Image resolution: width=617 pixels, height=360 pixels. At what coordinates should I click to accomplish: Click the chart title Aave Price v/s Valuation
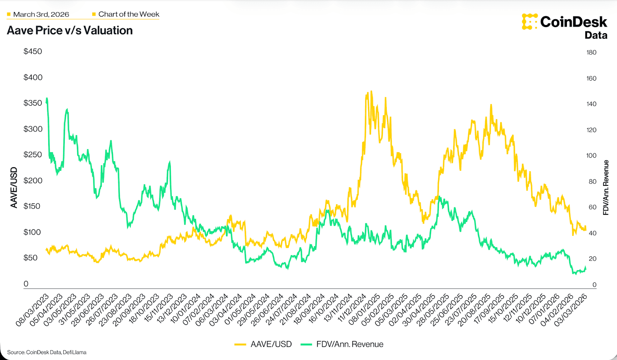[70, 30]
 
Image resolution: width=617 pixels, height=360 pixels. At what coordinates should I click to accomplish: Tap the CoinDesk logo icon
[529, 22]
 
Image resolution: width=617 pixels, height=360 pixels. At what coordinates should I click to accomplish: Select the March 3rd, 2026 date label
[41, 14]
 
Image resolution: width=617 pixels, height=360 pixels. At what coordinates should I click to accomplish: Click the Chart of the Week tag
[128, 14]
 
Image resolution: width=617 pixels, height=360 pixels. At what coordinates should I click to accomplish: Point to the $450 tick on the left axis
[33, 51]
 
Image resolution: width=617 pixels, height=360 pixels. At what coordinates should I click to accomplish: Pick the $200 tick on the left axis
[33, 180]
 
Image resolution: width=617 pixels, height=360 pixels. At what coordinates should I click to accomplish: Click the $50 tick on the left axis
[30, 257]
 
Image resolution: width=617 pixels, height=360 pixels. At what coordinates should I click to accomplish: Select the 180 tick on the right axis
[591, 52]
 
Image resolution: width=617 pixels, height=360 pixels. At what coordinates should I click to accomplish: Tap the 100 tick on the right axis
[591, 156]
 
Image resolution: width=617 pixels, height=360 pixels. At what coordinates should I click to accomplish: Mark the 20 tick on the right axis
[592, 259]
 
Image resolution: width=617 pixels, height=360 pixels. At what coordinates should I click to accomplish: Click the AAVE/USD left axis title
[14, 187]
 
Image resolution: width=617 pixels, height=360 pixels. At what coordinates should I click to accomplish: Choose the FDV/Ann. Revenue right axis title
[606, 187]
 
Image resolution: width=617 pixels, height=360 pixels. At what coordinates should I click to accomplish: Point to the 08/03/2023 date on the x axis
[32, 310]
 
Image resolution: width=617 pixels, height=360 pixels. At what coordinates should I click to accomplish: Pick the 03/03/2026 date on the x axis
[570, 310]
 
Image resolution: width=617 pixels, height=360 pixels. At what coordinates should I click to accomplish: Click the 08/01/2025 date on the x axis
[364, 310]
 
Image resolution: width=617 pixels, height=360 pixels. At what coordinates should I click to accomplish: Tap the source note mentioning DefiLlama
[47, 352]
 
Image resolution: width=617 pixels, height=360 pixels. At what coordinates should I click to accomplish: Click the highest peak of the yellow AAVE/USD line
[371, 91]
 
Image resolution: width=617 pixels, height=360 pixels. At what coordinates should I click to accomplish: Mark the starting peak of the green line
[47, 98]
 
